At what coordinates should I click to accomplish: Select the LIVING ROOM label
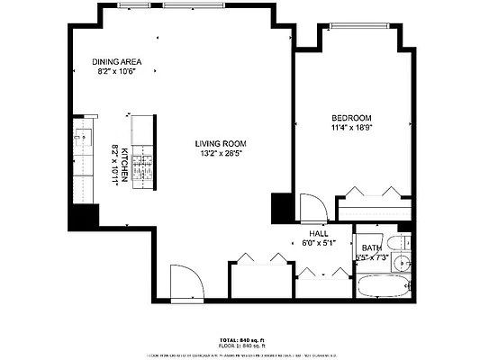click(x=221, y=143)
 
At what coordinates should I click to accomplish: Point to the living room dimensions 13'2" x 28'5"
click(x=221, y=154)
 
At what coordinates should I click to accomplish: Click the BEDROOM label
click(x=351, y=118)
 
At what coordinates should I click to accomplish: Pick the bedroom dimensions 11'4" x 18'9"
click(x=351, y=129)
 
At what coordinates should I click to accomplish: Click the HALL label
click(x=318, y=233)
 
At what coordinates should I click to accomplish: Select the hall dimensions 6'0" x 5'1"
click(x=318, y=243)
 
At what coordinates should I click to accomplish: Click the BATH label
click(x=371, y=248)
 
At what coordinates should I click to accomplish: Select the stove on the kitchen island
click(x=143, y=167)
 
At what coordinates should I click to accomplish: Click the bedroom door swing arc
click(x=309, y=207)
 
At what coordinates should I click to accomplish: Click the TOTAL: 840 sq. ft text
click(x=240, y=339)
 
